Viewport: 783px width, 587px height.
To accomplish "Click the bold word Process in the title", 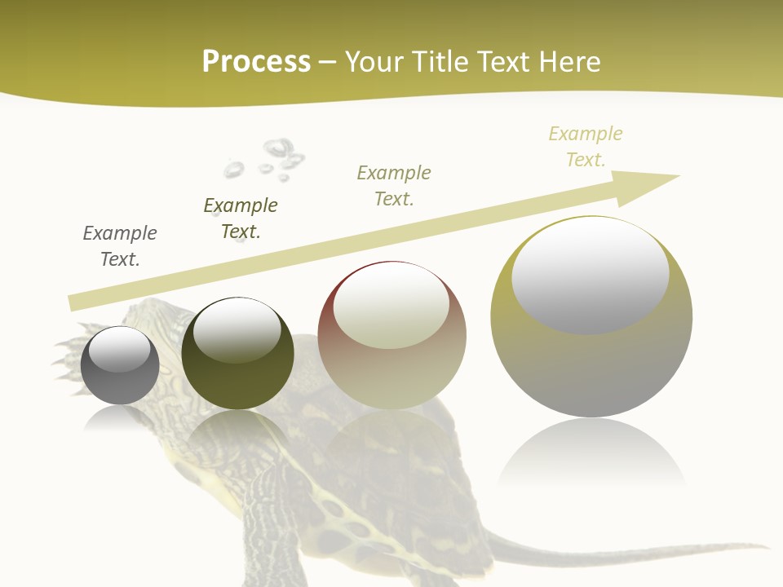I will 256,62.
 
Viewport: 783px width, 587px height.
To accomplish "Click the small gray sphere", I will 120,366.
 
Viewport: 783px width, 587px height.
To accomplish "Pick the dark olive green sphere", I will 237,355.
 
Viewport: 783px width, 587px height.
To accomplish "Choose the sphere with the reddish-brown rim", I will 391,335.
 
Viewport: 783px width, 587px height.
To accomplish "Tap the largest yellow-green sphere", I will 591,318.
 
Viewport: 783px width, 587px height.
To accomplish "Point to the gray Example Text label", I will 120,246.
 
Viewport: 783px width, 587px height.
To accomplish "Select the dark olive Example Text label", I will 241,218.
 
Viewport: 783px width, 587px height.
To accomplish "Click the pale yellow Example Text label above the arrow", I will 586,147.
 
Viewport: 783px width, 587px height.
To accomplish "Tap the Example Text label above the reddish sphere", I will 394,185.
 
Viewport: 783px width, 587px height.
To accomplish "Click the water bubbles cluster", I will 269,160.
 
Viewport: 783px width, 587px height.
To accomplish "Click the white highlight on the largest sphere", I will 590,273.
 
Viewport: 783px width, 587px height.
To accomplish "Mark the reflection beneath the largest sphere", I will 591,457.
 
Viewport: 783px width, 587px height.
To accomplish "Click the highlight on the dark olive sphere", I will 237,330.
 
